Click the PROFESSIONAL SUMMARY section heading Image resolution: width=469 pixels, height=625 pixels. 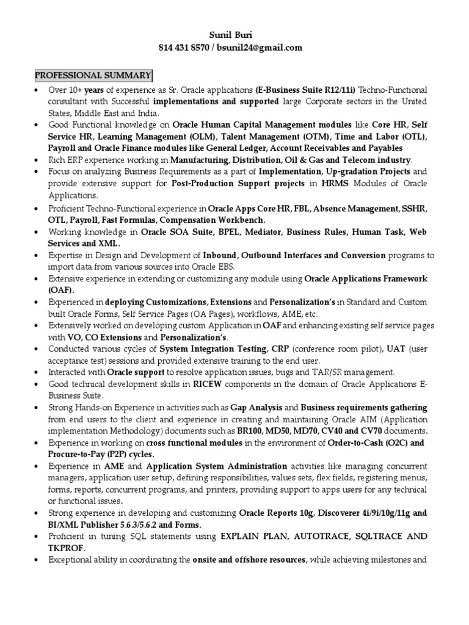pos(92,75)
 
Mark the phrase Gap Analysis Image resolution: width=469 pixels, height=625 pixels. pos(256,407)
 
